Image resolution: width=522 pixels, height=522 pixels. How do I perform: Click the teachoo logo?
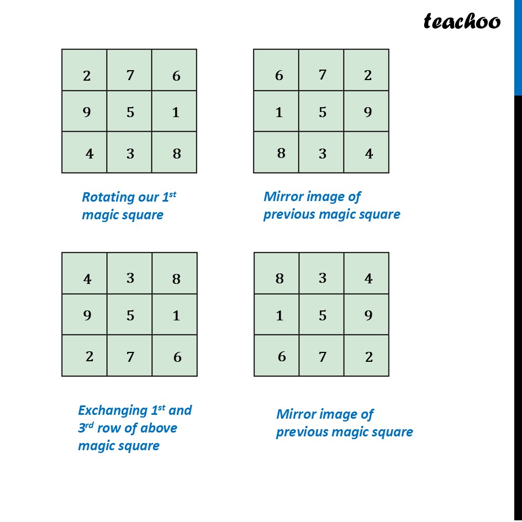[x=462, y=22]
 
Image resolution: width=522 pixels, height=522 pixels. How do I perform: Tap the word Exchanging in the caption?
[x=113, y=411]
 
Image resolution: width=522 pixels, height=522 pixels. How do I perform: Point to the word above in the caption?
[x=159, y=428]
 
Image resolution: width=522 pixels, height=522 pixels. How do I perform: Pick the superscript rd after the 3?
[x=89, y=425]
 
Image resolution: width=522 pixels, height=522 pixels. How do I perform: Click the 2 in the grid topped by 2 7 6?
[x=87, y=76]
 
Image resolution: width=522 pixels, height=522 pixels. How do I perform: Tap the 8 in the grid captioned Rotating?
[x=177, y=154]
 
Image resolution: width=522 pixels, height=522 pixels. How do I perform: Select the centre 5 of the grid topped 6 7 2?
[x=322, y=112]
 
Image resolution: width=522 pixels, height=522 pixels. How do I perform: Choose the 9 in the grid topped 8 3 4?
[x=368, y=315]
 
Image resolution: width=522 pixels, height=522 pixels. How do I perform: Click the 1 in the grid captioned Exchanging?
[x=176, y=315]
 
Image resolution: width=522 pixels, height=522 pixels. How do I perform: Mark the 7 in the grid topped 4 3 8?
[x=130, y=357]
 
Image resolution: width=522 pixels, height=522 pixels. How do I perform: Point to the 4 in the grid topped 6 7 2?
[x=369, y=154]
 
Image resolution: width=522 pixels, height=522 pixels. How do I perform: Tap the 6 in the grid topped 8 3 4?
[x=282, y=356]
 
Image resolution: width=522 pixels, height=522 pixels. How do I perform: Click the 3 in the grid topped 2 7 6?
[x=130, y=154]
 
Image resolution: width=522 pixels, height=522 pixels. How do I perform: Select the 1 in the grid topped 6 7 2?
[x=279, y=113]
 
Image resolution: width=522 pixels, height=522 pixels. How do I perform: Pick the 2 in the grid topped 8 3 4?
[x=369, y=357]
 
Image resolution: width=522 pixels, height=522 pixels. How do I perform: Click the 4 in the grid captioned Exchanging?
[x=87, y=279]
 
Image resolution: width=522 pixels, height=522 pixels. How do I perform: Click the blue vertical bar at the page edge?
[x=518, y=48]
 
